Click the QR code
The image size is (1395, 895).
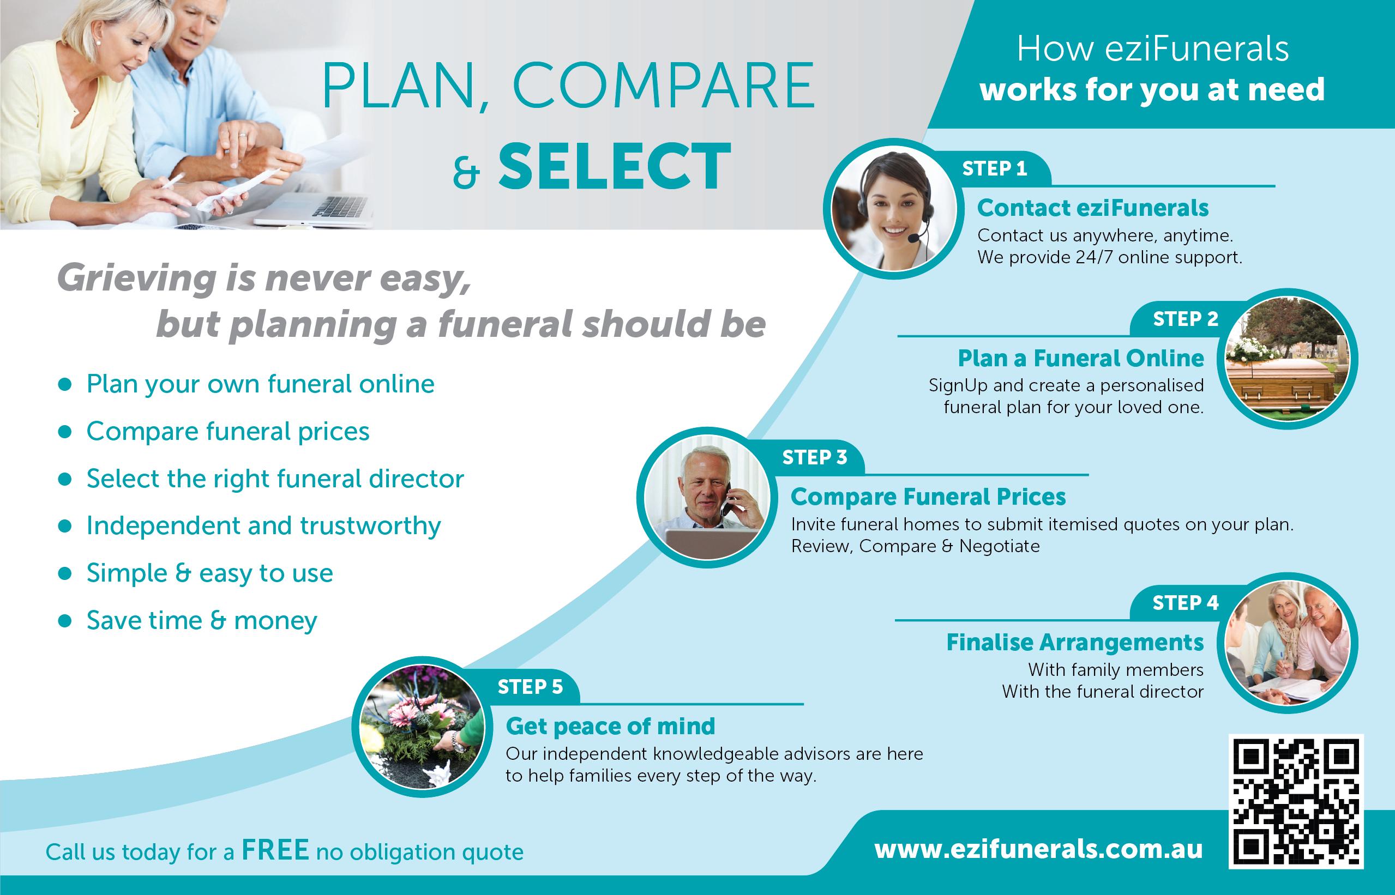tap(1296, 801)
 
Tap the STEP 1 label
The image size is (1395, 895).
tap(994, 168)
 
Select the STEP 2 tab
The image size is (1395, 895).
tap(1186, 319)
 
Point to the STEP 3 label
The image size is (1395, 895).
tap(815, 458)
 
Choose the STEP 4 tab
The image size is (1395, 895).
tap(1186, 603)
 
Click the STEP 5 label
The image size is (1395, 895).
tap(530, 687)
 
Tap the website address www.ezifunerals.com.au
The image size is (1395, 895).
tap(1038, 850)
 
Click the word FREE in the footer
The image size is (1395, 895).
tap(275, 850)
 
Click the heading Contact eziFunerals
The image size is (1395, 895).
tap(1093, 208)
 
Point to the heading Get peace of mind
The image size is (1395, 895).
tap(611, 727)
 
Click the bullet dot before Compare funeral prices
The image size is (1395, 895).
tap(65, 432)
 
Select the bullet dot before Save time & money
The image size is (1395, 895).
tap(65, 621)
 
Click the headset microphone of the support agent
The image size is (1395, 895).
tap(913, 238)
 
